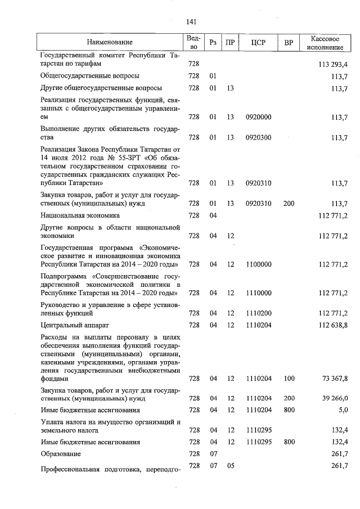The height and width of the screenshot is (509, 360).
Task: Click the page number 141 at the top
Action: (x=190, y=22)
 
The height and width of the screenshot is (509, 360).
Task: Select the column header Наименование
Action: (x=110, y=42)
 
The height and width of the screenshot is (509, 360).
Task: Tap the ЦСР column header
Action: (x=258, y=42)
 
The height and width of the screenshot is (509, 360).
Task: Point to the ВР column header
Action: (x=289, y=42)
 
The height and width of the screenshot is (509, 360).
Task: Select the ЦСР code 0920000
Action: (x=258, y=117)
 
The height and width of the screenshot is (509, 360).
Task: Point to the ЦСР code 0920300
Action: (x=258, y=137)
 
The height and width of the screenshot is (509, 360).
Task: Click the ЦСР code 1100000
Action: (x=258, y=264)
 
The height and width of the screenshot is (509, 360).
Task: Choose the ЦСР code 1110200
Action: (x=258, y=313)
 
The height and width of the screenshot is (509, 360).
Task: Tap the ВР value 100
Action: (x=289, y=379)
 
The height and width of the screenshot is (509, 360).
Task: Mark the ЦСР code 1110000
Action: (x=258, y=293)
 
